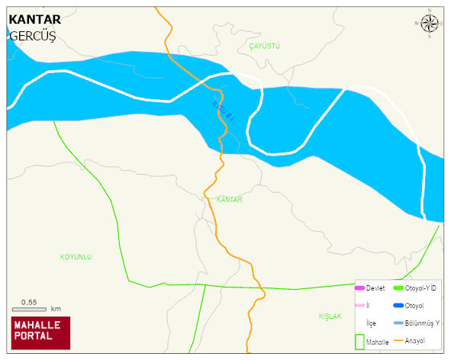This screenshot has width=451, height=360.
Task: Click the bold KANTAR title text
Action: pyautogui.click(x=34, y=19)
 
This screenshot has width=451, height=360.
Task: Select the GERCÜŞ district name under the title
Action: pyautogui.click(x=33, y=36)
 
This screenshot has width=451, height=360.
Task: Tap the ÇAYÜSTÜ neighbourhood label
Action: pyautogui.click(x=265, y=47)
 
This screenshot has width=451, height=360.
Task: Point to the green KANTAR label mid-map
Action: pyautogui.click(x=229, y=199)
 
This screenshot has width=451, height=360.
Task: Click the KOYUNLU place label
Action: pyautogui.click(x=76, y=257)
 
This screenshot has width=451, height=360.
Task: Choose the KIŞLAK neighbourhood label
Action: pyautogui.click(x=330, y=316)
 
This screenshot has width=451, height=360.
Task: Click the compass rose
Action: pyautogui.click(x=430, y=24)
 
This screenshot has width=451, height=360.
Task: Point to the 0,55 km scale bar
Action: pyautogui.click(x=29, y=308)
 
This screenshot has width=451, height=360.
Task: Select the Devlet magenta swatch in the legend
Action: pyautogui.click(x=360, y=288)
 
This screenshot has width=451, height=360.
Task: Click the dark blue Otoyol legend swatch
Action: pyautogui.click(x=398, y=306)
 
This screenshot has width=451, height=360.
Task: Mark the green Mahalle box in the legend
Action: pyautogui.click(x=360, y=342)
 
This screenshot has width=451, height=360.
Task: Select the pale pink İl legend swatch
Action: pyautogui.click(x=360, y=306)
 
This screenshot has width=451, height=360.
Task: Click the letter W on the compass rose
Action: pyautogui.click(x=417, y=24)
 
